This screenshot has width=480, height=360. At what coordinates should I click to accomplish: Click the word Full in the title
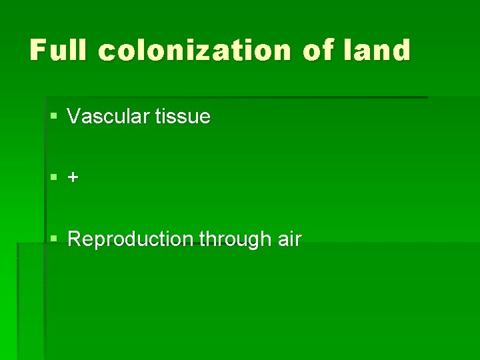[x=59, y=51]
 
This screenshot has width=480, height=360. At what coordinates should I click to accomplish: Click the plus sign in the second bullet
[x=73, y=178]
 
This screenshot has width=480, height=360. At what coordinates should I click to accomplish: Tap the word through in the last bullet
[x=225, y=239]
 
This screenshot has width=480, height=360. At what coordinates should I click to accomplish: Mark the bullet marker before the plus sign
[x=54, y=178]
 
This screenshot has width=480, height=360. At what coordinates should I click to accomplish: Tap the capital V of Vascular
[x=74, y=117]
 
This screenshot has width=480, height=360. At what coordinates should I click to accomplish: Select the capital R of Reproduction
[x=75, y=239]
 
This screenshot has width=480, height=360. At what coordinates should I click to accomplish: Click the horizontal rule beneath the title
[x=233, y=97]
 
